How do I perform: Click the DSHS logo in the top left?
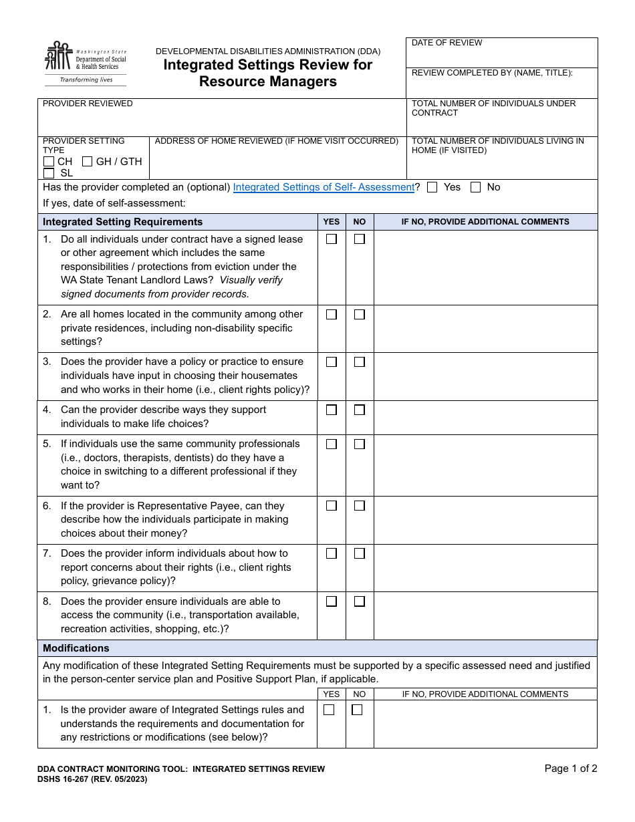coord(85,63)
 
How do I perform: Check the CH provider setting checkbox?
coord(49,162)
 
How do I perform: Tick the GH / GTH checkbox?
coord(88,162)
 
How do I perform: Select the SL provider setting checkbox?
coord(49,173)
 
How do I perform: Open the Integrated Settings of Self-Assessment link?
coord(324,188)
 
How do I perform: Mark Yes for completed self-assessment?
coord(432,188)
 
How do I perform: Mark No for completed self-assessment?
coord(476,188)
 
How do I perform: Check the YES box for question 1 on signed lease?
coord(332,239)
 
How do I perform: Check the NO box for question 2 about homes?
coord(360,314)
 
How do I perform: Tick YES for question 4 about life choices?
coord(332,410)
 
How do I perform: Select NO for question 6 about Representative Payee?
coord(360,506)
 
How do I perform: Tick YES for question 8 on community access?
coord(332,601)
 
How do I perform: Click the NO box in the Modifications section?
coord(357,710)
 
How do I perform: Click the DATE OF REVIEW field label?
coord(447,43)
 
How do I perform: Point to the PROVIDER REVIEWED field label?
coord(88,104)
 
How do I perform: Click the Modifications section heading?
coord(76,648)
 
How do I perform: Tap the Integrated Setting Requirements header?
coord(122,222)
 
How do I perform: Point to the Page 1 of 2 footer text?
coord(570,769)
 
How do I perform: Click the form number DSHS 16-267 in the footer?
coord(92,779)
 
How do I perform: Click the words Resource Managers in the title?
coord(268,82)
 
